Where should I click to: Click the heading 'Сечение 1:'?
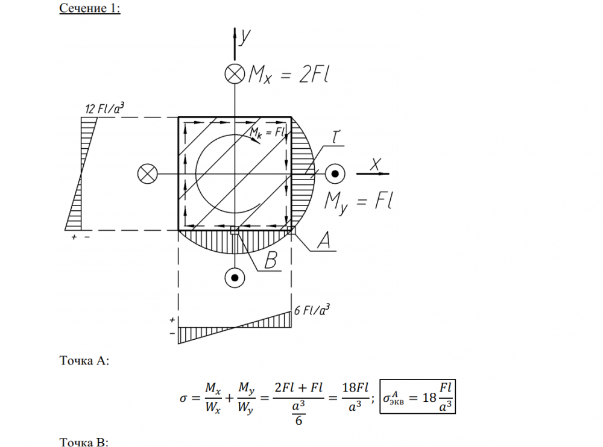(x=90, y=8)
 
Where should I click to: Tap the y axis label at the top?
(x=245, y=37)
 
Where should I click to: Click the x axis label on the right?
(x=375, y=164)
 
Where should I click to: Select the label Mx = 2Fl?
(x=288, y=74)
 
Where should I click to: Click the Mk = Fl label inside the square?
(x=268, y=133)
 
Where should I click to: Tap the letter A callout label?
(x=323, y=240)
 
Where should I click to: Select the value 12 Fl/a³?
(x=104, y=108)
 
